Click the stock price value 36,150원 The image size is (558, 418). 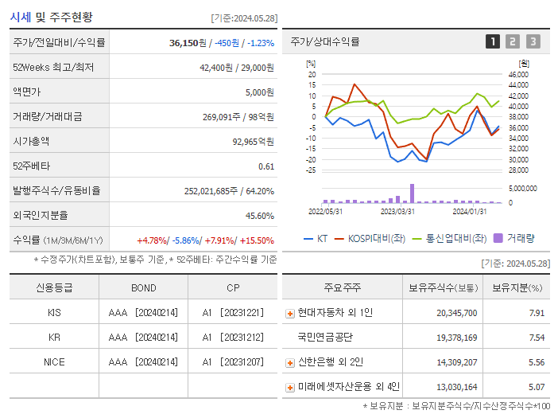pos(188,43)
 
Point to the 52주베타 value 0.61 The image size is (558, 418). pos(266,166)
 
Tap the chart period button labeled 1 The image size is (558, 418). pos(493,42)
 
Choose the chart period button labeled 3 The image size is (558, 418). pos(533,42)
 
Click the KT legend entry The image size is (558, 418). pos(316,238)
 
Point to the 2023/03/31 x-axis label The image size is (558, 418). pos(397,211)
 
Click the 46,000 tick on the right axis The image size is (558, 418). pos(517,74)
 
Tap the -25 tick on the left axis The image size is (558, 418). pos(312,170)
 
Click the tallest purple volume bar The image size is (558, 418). pos(412,193)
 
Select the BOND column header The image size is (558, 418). pos(143,288)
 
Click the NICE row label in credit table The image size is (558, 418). pos(54,362)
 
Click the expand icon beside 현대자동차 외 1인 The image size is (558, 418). pos(289,314)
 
